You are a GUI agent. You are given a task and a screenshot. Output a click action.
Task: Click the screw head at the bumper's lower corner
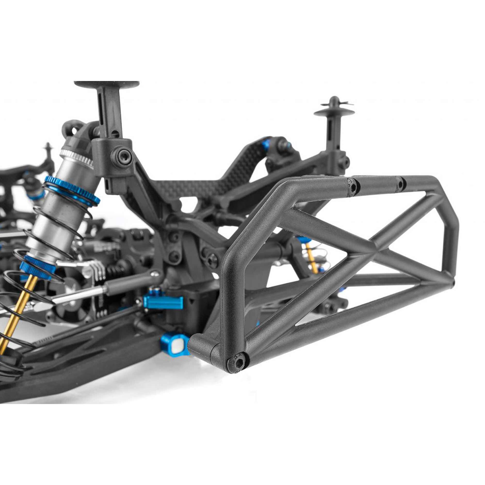[237, 364]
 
